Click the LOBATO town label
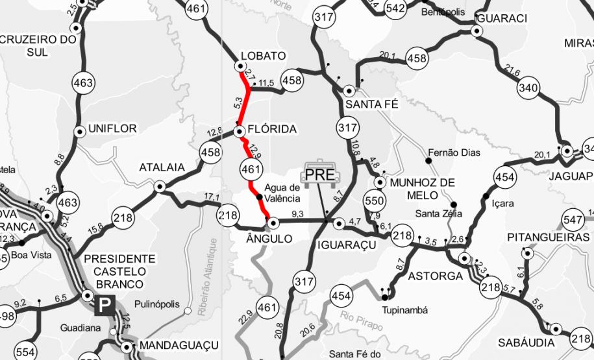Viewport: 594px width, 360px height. (x=262, y=56)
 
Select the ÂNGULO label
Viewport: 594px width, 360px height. (x=266, y=239)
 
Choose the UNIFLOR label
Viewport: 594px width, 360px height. (x=114, y=129)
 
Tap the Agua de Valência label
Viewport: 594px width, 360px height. (x=282, y=193)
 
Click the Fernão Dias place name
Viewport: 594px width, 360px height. (x=458, y=153)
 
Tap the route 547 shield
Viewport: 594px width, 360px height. (x=573, y=220)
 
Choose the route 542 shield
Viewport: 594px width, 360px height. (x=395, y=8)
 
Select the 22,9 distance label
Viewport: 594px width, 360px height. (x=245, y=317)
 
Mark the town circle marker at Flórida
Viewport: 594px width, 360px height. (x=239, y=132)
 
